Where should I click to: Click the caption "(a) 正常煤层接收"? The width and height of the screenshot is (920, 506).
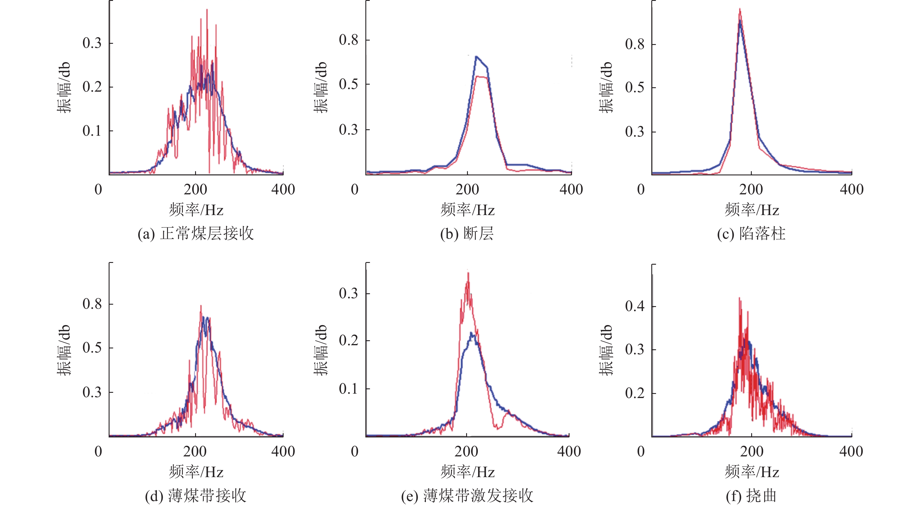coord(196,234)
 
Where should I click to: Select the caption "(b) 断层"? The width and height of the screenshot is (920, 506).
coord(467,234)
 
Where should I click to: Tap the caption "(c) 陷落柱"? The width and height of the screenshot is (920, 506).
coord(751,234)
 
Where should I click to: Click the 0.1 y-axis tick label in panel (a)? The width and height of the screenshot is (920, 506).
coord(92,131)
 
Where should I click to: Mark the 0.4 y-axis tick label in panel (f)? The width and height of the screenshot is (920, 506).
coord(635,306)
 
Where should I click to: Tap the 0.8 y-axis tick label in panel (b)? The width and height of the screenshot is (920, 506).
coord(348,40)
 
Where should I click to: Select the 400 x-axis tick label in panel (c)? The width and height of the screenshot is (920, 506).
coord(851,189)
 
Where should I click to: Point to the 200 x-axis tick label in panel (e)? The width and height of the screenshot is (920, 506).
coord(466,451)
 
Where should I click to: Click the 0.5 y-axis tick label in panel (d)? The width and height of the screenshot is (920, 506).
coord(92,348)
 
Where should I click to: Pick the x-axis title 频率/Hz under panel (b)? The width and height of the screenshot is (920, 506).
coord(467,210)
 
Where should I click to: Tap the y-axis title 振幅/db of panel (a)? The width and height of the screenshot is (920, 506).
coord(64,88)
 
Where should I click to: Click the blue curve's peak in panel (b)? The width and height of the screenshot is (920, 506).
coord(476,56)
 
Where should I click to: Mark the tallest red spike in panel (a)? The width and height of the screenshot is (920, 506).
coord(207,10)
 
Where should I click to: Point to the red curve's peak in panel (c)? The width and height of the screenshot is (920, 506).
coord(740,9)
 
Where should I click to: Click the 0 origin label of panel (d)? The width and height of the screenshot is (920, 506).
coord(98,451)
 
